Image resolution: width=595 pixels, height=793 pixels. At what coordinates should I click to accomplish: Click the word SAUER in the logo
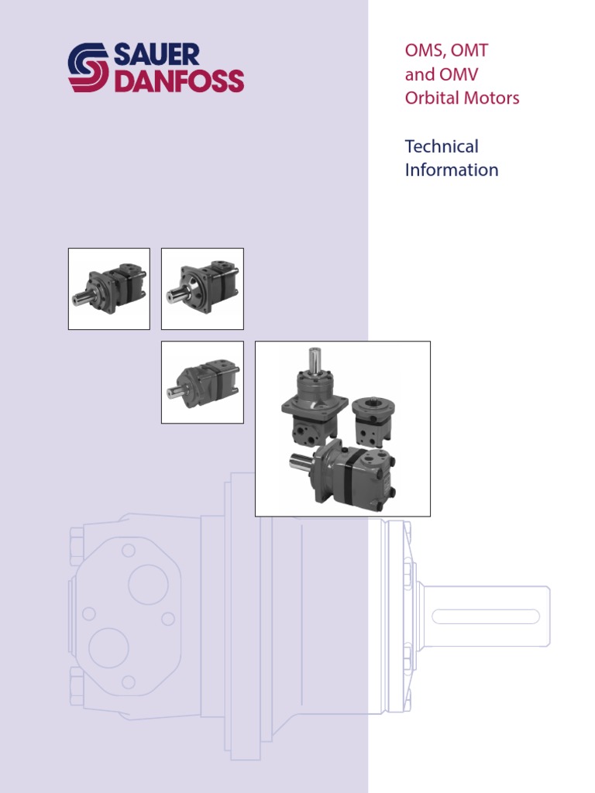[x=156, y=55]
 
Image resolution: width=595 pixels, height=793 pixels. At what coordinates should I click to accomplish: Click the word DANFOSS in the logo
[x=179, y=81]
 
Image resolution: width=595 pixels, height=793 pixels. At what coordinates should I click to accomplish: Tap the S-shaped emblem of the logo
[x=88, y=68]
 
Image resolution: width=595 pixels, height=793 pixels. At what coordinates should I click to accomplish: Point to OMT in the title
[x=470, y=52]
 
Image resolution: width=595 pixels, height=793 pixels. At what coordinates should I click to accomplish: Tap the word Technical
[x=442, y=146]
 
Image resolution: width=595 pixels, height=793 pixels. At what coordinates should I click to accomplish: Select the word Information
[x=452, y=170]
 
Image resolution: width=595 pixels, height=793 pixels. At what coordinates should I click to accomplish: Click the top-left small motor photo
[x=109, y=289]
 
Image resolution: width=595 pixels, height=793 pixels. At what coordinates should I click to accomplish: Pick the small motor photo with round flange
[x=202, y=289]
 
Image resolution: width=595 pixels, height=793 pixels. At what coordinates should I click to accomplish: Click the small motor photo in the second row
[x=202, y=383]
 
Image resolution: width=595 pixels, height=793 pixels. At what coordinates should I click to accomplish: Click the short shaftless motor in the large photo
[x=373, y=422]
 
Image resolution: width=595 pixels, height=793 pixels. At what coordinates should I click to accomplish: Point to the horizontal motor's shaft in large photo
[x=300, y=464]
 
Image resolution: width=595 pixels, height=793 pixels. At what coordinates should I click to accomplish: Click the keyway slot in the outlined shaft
[x=486, y=617]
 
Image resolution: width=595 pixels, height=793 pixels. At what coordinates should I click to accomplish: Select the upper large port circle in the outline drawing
[x=148, y=584]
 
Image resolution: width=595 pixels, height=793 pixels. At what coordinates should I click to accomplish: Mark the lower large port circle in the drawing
[x=108, y=647]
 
